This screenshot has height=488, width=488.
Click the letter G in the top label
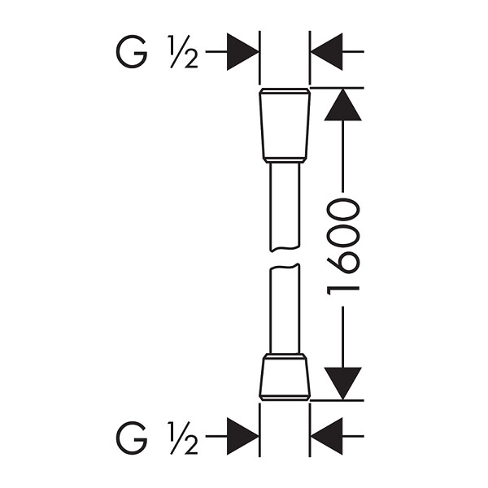pyautogui.click(x=131, y=52)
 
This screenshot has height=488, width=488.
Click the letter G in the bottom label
pyautogui.click(x=131, y=438)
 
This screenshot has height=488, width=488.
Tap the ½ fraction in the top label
pyautogui.click(x=183, y=52)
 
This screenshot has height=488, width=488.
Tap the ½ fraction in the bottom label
pyautogui.click(x=183, y=438)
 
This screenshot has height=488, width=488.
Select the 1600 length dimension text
pyautogui.click(x=342, y=246)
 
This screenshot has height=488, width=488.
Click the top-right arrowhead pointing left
pyautogui.click(x=326, y=52)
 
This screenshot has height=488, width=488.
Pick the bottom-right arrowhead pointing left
pyautogui.click(x=326, y=436)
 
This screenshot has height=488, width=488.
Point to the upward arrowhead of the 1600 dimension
pyautogui.click(x=342, y=105)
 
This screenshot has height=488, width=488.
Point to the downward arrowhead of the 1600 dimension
pyautogui.click(x=342, y=383)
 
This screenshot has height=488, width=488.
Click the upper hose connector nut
pyautogui.click(x=285, y=125)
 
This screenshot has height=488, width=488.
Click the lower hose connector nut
pyautogui.click(x=285, y=377)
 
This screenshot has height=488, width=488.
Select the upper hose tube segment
pyautogui.click(x=285, y=207)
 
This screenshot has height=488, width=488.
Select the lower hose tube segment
pyautogui.click(x=285, y=309)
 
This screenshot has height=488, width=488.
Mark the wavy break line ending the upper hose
pyautogui.click(x=285, y=249)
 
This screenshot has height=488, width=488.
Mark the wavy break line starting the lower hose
pyautogui.click(x=285, y=267)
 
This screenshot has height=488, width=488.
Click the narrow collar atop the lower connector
pyautogui.click(x=285, y=356)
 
